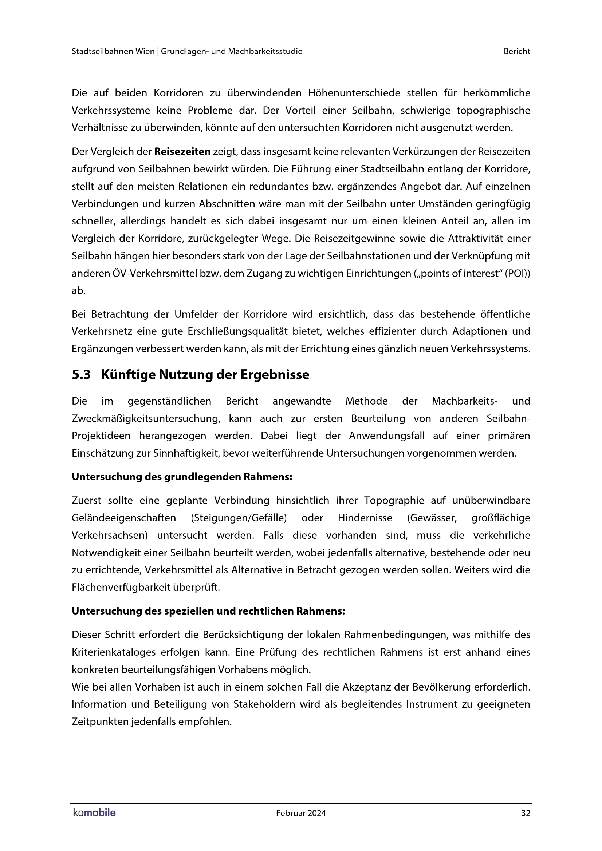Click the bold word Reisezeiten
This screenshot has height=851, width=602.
[x=182, y=152]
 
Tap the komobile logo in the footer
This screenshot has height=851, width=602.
[x=94, y=813]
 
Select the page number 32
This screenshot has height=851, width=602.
[x=525, y=813]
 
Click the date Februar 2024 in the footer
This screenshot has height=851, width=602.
[x=301, y=813]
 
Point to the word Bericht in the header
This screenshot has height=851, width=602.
[x=517, y=52]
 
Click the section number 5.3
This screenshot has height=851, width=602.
[x=81, y=375]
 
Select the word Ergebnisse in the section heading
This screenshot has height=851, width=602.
[x=275, y=375]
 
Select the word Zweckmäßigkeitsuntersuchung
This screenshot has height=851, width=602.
[x=146, y=419]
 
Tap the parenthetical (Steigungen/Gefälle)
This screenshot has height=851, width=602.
[x=239, y=518]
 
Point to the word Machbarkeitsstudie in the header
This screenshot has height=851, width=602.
[x=265, y=52]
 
